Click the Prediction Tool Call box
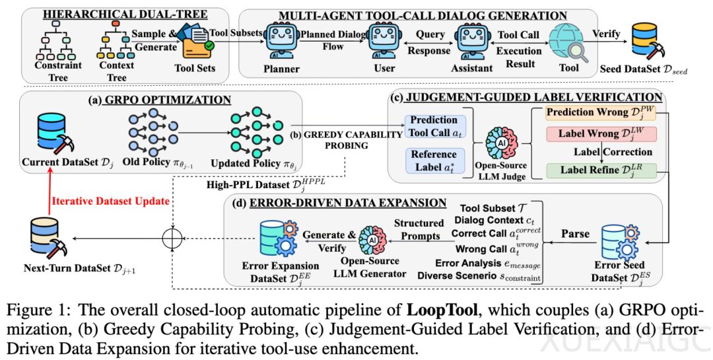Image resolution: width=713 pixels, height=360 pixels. coord(434,126)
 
